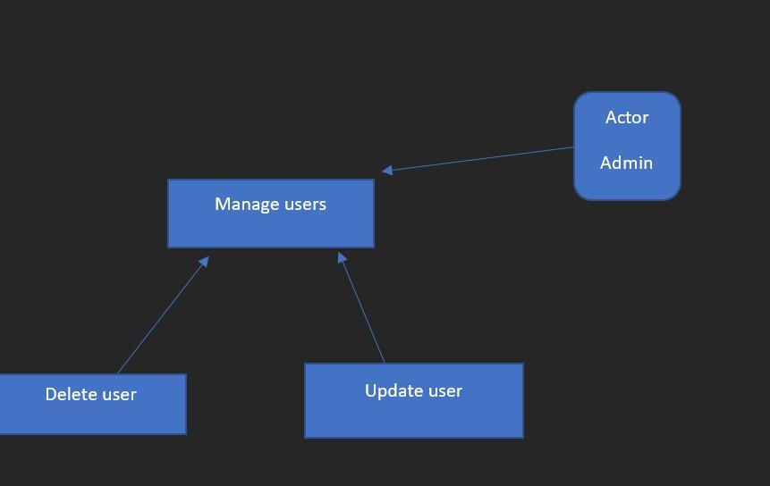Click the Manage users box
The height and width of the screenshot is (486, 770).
[270, 223]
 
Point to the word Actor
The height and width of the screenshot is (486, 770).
[627, 117]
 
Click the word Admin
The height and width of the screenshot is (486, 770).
[626, 163]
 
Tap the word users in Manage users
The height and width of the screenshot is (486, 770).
[305, 204]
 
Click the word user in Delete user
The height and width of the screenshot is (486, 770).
[119, 394]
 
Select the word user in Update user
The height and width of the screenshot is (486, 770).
[444, 390]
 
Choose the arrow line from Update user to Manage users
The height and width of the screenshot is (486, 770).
[361, 308]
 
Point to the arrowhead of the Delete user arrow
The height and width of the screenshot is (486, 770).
[205, 261]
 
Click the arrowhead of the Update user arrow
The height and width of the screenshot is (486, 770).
[342, 257]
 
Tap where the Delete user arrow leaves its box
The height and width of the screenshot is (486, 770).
[118, 373]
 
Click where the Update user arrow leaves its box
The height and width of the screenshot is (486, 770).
[385, 363]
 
